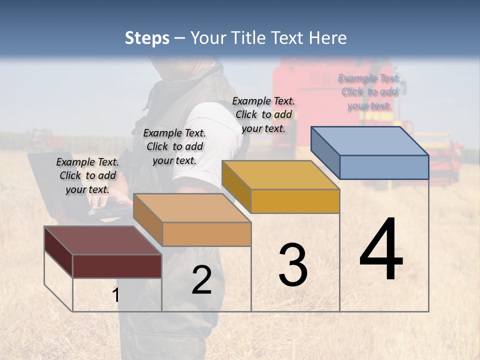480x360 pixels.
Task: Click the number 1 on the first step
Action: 115,295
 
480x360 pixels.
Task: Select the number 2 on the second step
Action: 201,280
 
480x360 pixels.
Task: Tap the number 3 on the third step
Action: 293,264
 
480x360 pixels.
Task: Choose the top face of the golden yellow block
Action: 280,175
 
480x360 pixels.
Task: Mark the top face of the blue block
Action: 369,141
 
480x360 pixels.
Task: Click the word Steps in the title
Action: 147,38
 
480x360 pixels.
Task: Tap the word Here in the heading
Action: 327,38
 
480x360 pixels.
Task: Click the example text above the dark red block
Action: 87,175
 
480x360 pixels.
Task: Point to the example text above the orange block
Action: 174,146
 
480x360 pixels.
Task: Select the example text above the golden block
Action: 263,114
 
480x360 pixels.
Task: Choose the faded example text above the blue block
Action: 369,91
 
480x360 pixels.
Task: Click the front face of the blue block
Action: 384,167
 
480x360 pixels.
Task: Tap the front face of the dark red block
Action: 117,266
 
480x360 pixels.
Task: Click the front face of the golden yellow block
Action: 295,201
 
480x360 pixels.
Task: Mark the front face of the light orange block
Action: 206,234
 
